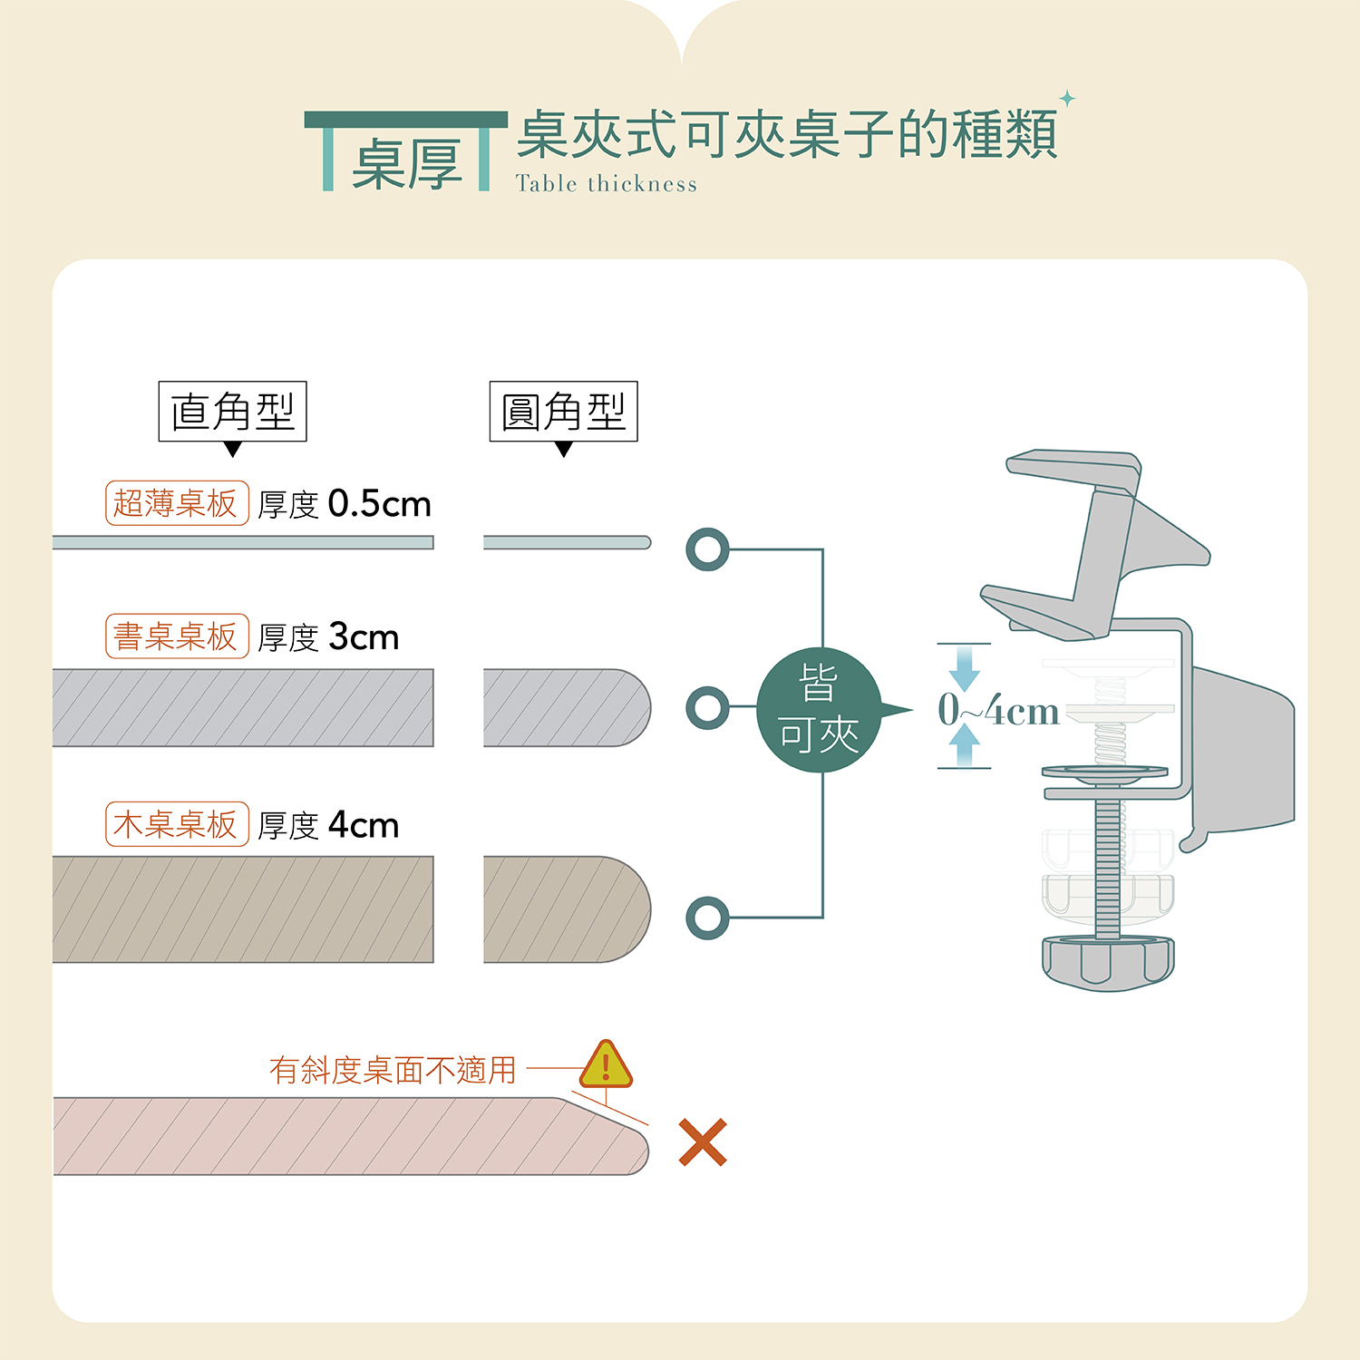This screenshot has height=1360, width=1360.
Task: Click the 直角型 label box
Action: point(232,412)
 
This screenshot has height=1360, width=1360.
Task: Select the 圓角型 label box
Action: point(563,412)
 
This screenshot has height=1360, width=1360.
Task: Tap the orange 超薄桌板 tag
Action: point(177,503)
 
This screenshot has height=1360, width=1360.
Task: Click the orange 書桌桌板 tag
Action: point(177,636)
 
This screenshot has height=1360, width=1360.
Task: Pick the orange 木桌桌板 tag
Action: point(177,824)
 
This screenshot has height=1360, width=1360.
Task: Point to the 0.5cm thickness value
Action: point(379,504)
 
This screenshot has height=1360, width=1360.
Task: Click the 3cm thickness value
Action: point(363,637)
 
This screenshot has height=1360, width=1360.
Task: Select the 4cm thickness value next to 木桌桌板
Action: point(363,825)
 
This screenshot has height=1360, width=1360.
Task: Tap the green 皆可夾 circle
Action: point(819,711)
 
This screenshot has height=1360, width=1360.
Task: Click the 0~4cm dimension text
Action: point(998,710)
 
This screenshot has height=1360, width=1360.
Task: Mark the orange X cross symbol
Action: point(703,1142)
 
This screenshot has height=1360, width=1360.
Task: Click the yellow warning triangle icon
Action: point(606,1064)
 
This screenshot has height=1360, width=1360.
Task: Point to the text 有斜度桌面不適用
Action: point(393,1071)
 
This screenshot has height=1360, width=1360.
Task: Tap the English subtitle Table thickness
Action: point(607,184)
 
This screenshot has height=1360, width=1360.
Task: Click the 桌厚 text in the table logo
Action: point(407,164)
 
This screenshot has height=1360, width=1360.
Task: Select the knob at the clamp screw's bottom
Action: point(1107,963)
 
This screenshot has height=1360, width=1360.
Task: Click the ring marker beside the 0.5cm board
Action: point(707,549)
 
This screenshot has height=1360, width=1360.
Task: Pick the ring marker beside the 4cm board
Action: point(707,918)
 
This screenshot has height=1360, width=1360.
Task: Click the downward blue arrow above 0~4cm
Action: point(964,669)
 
